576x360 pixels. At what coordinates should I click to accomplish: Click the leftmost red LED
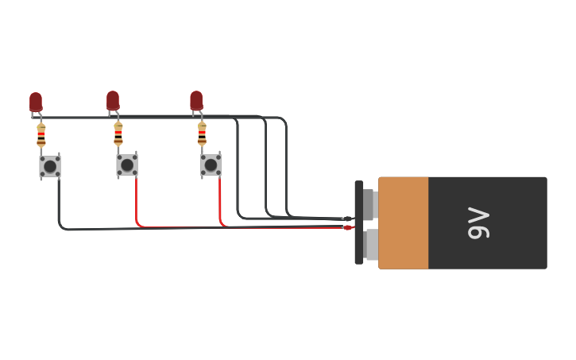click(x=36, y=101)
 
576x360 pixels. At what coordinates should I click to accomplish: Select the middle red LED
click(x=113, y=100)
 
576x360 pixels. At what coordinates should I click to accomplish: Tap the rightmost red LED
click(x=196, y=100)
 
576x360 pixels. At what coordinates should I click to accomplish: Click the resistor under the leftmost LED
click(x=41, y=136)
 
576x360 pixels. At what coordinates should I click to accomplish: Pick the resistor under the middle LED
click(x=118, y=135)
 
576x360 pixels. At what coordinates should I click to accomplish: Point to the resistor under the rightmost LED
click(x=202, y=134)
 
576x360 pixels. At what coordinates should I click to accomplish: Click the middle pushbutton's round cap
click(x=127, y=165)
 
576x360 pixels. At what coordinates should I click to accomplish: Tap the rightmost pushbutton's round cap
click(x=211, y=165)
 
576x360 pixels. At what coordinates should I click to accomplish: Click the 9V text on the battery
click(x=478, y=223)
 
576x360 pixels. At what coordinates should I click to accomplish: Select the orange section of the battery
click(x=404, y=223)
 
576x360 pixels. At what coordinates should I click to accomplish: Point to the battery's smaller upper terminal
click(x=369, y=204)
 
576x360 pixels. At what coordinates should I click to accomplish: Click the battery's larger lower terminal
click(x=371, y=245)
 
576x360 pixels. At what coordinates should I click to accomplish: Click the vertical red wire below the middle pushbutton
click(x=136, y=199)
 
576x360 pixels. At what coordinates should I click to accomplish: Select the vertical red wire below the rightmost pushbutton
click(x=220, y=199)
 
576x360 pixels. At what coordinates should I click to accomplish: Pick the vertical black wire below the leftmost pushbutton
click(x=59, y=199)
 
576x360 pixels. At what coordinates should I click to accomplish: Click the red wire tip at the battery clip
click(x=348, y=227)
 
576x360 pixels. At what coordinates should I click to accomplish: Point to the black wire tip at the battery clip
click(x=348, y=219)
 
